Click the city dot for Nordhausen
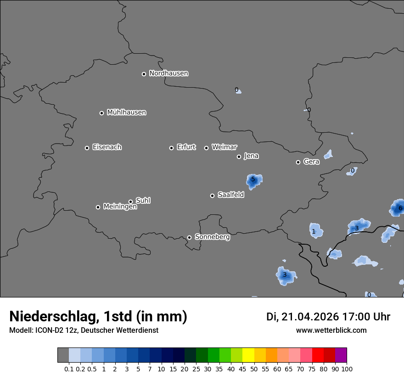pyautogui.click(x=144, y=74)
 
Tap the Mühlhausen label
pyautogui.click(x=126, y=112)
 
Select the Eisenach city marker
pyautogui.click(x=87, y=148)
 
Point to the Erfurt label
pyautogui.click(x=186, y=147)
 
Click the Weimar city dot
pyautogui.click(x=206, y=148)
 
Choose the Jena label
pyautogui.click(x=251, y=156)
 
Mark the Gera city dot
pyautogui.click(x=298, y=162)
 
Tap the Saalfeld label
pyautogui.click(x=230, y=195)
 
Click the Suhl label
pyautogui.click(x=143, y=200)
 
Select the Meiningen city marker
pyautogui.click(x=98, y=207)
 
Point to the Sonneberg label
pyautogui.click(x=212, y=237)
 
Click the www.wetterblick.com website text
pyautogui.click(x=331, y=330)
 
